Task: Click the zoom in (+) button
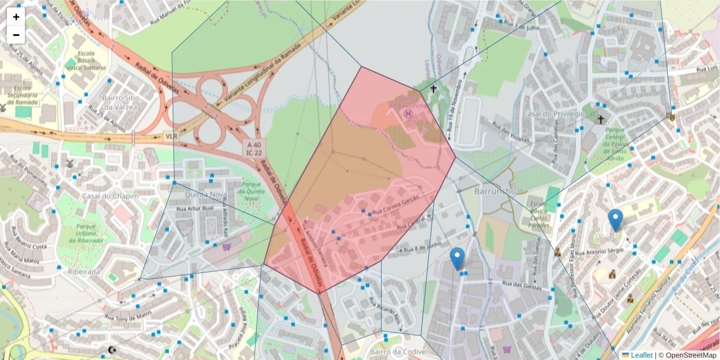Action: point(16,17)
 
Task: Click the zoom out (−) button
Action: point(16,35)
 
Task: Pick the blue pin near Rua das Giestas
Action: point(457,259)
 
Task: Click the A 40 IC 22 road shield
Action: point(253,148)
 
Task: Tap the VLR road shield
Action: point(172,136)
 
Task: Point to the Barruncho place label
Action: point(495,191)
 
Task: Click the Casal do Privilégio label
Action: point(553,114)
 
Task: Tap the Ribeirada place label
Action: point(83,271)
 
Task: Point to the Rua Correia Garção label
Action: point(394,209)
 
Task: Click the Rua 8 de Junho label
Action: point(422,247)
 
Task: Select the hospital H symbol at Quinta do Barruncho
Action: point(409,112)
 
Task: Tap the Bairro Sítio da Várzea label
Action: point(121,102)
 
